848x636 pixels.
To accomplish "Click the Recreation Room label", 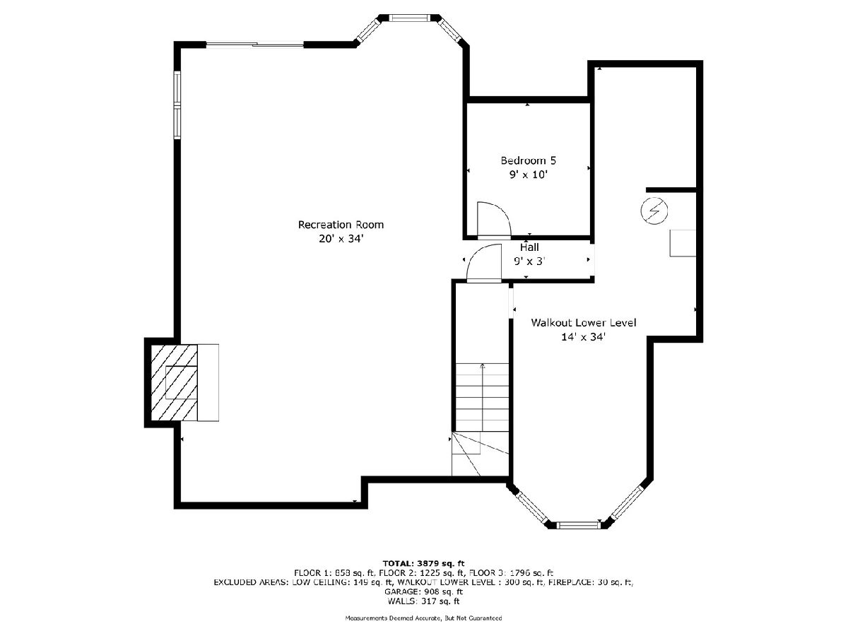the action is pos(341,224).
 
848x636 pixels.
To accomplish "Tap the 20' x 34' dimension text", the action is pos(341,239).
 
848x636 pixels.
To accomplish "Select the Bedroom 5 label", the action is pos(528,160).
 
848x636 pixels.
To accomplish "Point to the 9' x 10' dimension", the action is pos(528,175).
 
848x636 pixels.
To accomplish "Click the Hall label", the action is pos(529,247).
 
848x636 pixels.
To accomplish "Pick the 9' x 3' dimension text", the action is pos(529,261).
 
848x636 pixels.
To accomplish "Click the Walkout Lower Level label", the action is pos(584,322).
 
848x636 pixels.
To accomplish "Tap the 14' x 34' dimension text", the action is pos(584,337).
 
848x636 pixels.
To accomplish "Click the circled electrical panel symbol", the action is pos(654,211).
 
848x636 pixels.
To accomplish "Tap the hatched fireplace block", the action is pos(174,382).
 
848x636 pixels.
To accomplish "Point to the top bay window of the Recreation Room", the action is pos(408,18).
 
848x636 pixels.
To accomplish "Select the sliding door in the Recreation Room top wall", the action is pos(254,45).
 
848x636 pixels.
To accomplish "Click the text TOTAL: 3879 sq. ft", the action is pos(423,563).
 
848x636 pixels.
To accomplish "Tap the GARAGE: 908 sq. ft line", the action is pos(423,591).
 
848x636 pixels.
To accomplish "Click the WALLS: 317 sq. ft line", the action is pos(423,601).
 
